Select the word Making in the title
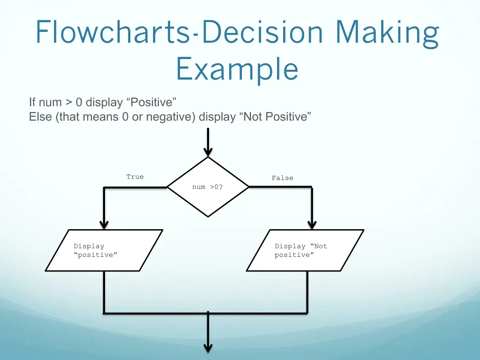(x=387, y=33)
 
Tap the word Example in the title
(x=237, y=69)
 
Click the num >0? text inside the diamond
(x=208, y=187)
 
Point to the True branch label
(x=135, y=177)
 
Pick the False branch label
(x=283, y=178)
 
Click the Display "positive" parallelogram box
(x=104, y=250)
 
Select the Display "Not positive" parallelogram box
(x=305, y=250)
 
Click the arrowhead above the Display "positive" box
(x=104, y=225)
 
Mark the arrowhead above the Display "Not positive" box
(x=312, y=225)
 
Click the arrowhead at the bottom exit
(x=208, y=347)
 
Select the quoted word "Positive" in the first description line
(x=151, y=102)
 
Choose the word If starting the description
(x=32, y=102)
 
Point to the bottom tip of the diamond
(x=208, y=216)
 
